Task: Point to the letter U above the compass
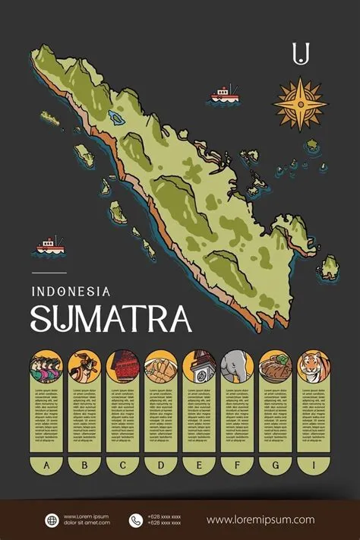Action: click(x=302, y=52)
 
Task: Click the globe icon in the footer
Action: click(x=52, y=520)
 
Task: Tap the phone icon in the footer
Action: click(x=136, y=520)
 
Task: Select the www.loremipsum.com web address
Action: click(x=260, y=520)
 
